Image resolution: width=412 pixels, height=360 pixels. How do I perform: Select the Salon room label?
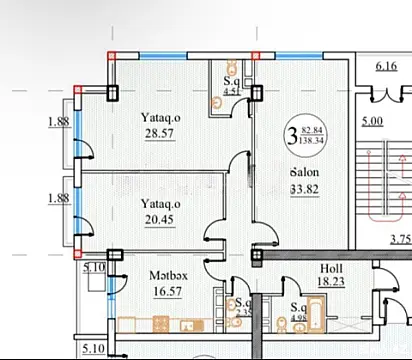coord(304,172)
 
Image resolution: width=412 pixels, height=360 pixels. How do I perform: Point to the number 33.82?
coord(304,189)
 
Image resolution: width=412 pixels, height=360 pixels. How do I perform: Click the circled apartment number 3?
coord(291,131)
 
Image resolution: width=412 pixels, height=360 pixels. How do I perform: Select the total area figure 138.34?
coord(310,140)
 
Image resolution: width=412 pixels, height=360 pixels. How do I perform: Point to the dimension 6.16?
coord(387,67)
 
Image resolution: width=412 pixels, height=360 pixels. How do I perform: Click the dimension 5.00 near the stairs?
coord(371,122)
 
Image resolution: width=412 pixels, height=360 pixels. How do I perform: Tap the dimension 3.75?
coord(400,238)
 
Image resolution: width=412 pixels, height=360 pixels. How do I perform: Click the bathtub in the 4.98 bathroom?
coord(300,329)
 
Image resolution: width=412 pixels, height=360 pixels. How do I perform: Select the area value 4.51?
coord(231,91)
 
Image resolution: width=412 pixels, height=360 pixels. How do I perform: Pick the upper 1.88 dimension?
coord(58,123)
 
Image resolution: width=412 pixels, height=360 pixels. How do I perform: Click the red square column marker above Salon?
coord(255,55)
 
